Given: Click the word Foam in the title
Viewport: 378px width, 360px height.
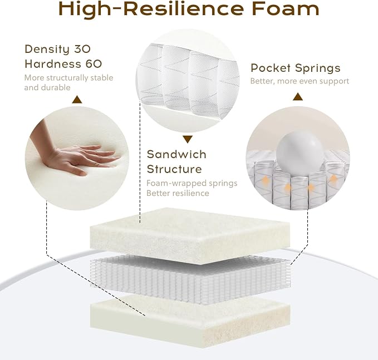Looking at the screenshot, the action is pos(286,9).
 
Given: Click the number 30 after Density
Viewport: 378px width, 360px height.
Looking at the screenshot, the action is pos(82,49).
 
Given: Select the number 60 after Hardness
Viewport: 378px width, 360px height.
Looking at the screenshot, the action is pos(94,64).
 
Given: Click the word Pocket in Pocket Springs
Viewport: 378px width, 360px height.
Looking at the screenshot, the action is pos(271,68).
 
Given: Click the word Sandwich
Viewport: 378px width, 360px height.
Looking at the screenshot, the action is pos(176,155).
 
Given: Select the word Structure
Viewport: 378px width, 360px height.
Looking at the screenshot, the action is pos(174,169).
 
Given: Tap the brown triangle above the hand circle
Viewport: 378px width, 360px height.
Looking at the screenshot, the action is pos(77,100).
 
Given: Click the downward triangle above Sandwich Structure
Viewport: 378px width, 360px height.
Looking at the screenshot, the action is pos(188,139).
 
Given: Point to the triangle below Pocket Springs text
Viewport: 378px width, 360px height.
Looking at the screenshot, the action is pos(298,97).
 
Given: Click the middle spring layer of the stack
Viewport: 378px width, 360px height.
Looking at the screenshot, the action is pos(190,279).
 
